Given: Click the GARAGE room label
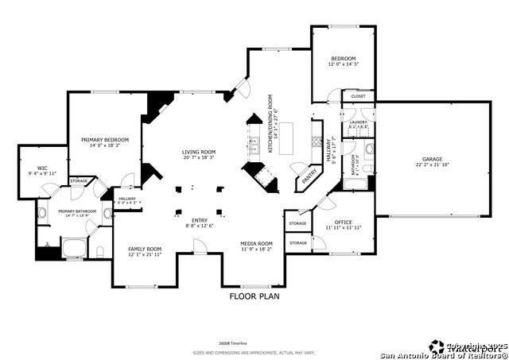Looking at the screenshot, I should pyautogui.click(x=432, y=159).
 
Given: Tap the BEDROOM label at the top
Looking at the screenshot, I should pyautogui.click(x=343, y=59).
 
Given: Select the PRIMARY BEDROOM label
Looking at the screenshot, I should pyautogui.click(x=105, y=139).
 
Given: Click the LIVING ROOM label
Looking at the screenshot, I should pyautogui.click(x=199, y=151).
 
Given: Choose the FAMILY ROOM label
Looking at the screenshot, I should pyautogui.click(x=145, y=249).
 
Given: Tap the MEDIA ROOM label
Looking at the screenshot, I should pyautogui.click(x=257, y=243).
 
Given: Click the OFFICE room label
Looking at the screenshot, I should pyautogui.click(x=344, y=222).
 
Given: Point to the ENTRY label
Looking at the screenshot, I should pyautogui.click(x=199, y=220).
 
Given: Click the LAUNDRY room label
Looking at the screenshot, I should pyautogui.click(x=358, y=122).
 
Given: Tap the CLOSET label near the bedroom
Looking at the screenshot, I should pyautogui.click(x=358, y=96).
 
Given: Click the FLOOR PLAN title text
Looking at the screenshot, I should pyautogui.click(x=254, y=296).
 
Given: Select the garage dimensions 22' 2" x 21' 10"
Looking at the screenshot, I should pyautogui.click(x=432, y=165).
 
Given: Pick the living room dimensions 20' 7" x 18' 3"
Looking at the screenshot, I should pyautogui.click(x=199, y=157).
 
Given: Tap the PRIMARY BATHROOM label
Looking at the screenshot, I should pyautogui.click(x=76, y=211).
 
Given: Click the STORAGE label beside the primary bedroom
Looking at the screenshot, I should pyautogui.click(x=79, y=181).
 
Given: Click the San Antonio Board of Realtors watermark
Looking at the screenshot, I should pyautogui.click(x=445, y=353).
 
